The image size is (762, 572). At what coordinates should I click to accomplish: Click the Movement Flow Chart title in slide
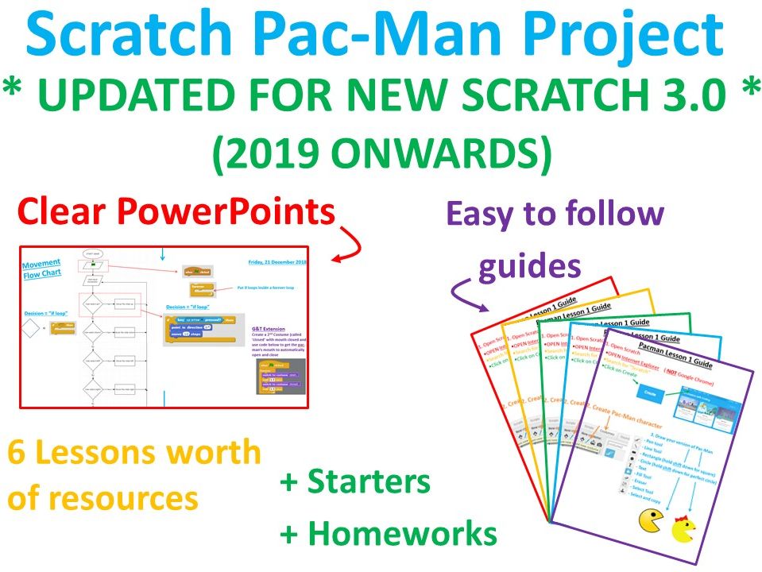41,269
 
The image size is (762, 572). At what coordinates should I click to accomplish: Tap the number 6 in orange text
16,453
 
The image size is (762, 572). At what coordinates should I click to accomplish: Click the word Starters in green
369,481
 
